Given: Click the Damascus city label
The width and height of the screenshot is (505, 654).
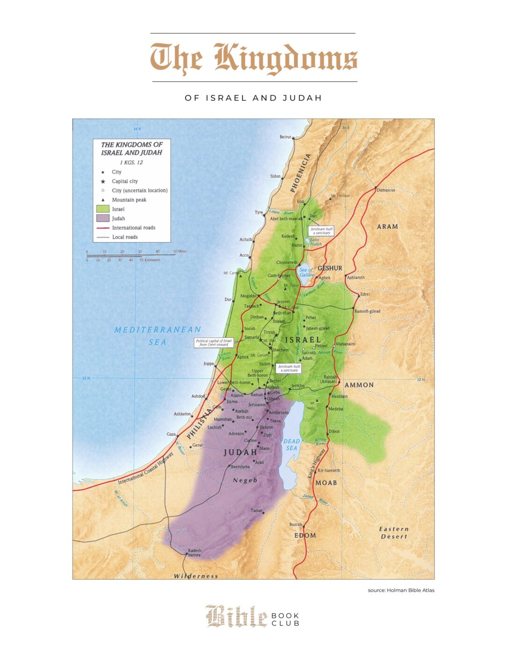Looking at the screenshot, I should click(386, 190).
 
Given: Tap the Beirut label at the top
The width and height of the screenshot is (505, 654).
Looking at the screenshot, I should click(285, 137).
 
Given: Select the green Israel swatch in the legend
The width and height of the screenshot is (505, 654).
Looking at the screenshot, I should click(103, 209).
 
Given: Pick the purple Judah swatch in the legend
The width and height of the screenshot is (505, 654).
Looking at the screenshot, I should click(103, 218).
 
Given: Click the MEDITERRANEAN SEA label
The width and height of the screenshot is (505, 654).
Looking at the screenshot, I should click(158, 335).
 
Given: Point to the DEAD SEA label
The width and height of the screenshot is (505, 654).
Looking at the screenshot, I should click(291, 444).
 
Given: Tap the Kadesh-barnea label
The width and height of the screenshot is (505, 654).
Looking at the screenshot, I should click(195, 552).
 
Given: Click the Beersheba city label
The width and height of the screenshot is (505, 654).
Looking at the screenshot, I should click(240, 466).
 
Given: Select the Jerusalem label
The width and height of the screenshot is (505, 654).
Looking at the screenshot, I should click(257, 405).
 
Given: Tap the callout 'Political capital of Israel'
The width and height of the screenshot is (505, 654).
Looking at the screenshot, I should click(214, 343).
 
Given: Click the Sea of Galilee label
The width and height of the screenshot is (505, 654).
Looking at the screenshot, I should click(307, 272).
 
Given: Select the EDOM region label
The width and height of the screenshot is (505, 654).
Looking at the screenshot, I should click(305, 535).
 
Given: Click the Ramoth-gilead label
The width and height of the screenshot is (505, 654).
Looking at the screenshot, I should click(367, 311).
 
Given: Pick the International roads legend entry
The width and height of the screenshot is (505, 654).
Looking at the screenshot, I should click(133, 228).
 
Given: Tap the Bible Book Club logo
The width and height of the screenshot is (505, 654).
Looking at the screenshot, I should click(252, 617).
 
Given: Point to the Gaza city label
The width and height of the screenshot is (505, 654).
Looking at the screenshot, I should click(171, 434).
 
